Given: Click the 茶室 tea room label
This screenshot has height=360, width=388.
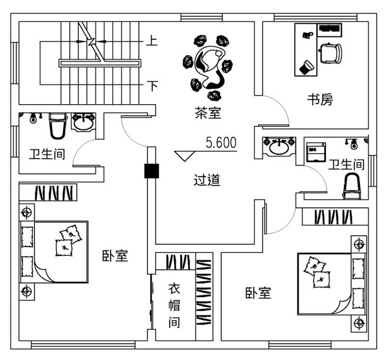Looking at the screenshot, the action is [208, 113].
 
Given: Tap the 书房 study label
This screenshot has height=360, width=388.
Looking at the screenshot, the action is [320, 100].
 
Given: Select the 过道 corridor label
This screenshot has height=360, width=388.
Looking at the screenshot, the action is [207, 180].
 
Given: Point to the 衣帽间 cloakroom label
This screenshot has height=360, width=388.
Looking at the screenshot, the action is [174, 305].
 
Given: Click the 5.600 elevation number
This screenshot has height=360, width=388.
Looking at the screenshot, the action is [221, 143].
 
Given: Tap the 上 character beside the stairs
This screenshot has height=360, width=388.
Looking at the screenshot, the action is [151, 41].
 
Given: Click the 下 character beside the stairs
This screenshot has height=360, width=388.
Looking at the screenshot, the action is [152, 85].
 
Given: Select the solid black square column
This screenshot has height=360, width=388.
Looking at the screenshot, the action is [151, 171].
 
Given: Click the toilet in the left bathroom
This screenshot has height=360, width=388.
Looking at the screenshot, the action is [58, 126].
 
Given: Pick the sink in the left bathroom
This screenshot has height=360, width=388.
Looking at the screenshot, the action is [84, 122].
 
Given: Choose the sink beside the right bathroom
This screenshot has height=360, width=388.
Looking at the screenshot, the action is [279, 146].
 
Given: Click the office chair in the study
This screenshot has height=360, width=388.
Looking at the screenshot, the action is [331, 53].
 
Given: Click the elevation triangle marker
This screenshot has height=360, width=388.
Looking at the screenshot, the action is [184, 156].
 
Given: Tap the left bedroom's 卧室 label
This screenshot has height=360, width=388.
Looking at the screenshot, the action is [115, 256].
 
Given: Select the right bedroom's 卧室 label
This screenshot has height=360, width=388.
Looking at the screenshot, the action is [258, 293].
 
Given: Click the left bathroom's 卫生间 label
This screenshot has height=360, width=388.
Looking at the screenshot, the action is [47, 154].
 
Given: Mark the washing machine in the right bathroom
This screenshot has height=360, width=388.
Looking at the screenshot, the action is [316, 152].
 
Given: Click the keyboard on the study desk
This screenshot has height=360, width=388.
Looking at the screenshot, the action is [329, 28].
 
